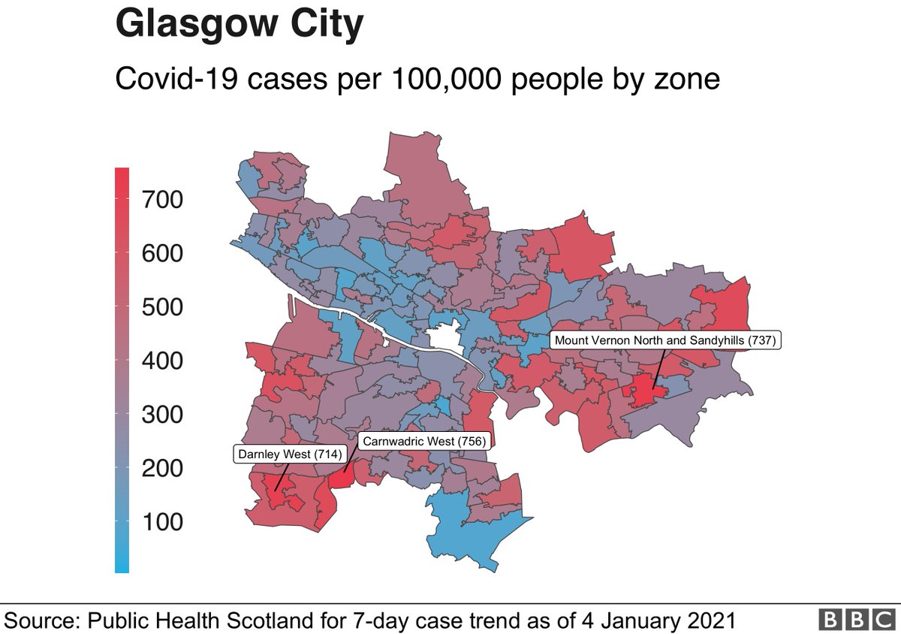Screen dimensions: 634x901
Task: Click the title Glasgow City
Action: point(239,25)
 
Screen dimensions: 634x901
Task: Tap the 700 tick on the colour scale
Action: point(162,200)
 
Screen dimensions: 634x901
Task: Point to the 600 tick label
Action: point(162,254)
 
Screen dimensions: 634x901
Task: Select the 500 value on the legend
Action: point(162,307)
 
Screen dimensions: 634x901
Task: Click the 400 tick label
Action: point(162,361)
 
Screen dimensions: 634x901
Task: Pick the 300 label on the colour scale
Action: point(162,415)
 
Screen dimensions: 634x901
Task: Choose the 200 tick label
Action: point(162,469)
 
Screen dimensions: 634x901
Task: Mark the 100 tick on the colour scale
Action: point(162,522)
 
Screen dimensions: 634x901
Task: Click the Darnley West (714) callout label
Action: point(289,454)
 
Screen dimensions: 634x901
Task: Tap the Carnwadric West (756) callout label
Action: point(423,441)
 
